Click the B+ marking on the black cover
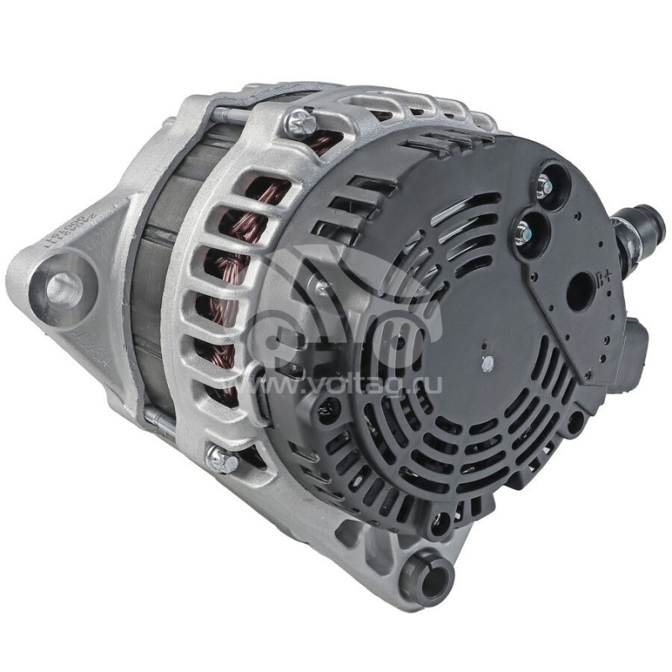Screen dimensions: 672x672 [602, 278]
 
